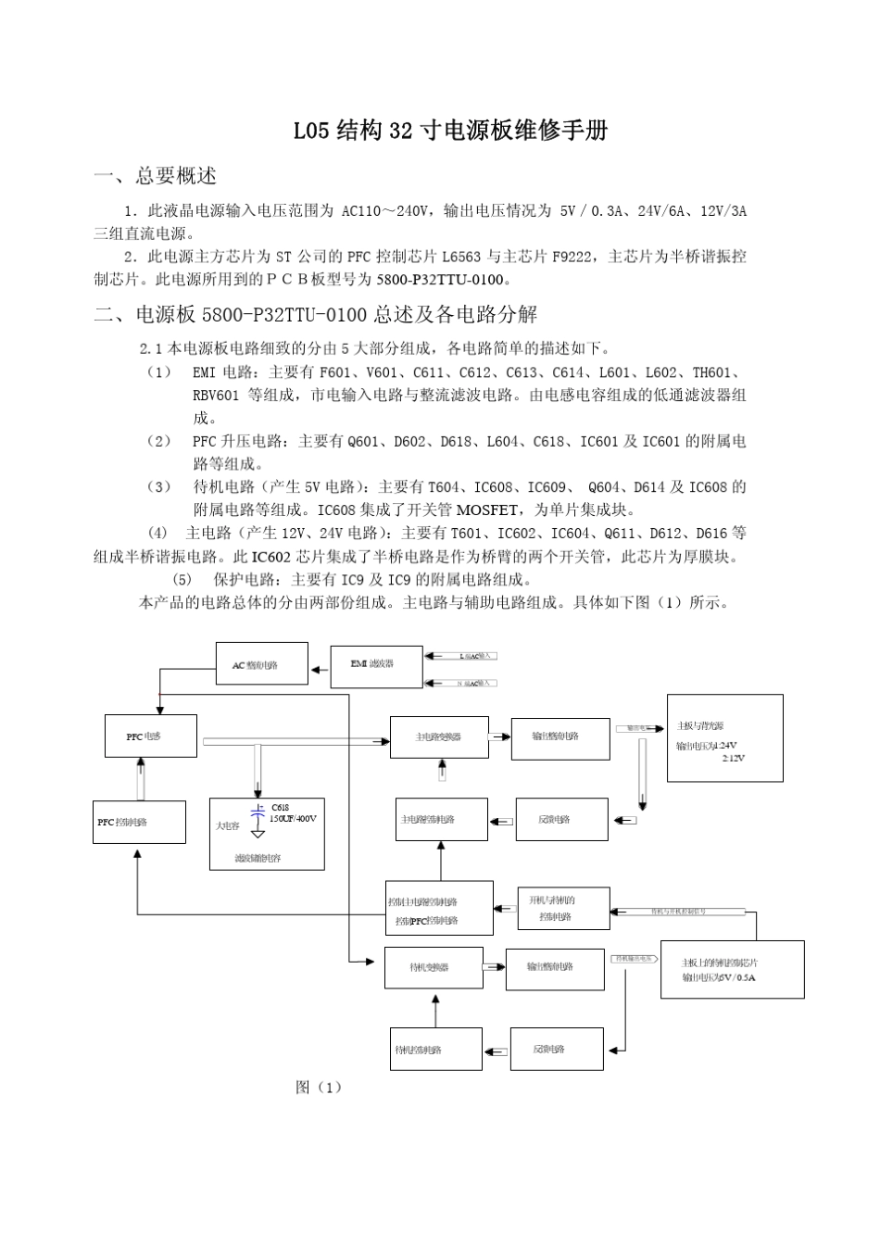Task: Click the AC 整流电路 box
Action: click(262, 664)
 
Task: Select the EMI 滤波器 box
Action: click(376, 665)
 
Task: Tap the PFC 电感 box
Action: click(149, 736)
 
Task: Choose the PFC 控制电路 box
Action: click(139, 822)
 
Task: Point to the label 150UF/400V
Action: click(294, 819)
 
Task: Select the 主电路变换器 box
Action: click(439, 736)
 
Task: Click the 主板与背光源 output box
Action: click(724, 737)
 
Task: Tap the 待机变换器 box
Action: click(434, 967)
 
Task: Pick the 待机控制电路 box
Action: click(435, 1050)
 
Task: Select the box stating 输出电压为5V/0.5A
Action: click(732, 969)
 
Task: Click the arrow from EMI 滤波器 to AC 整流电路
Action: click(320, 665)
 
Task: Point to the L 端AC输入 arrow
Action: click(461, 656)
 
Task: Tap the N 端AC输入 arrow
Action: click(461, 683)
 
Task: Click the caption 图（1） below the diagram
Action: click(319, 1087)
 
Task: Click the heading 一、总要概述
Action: click(156, 176)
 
